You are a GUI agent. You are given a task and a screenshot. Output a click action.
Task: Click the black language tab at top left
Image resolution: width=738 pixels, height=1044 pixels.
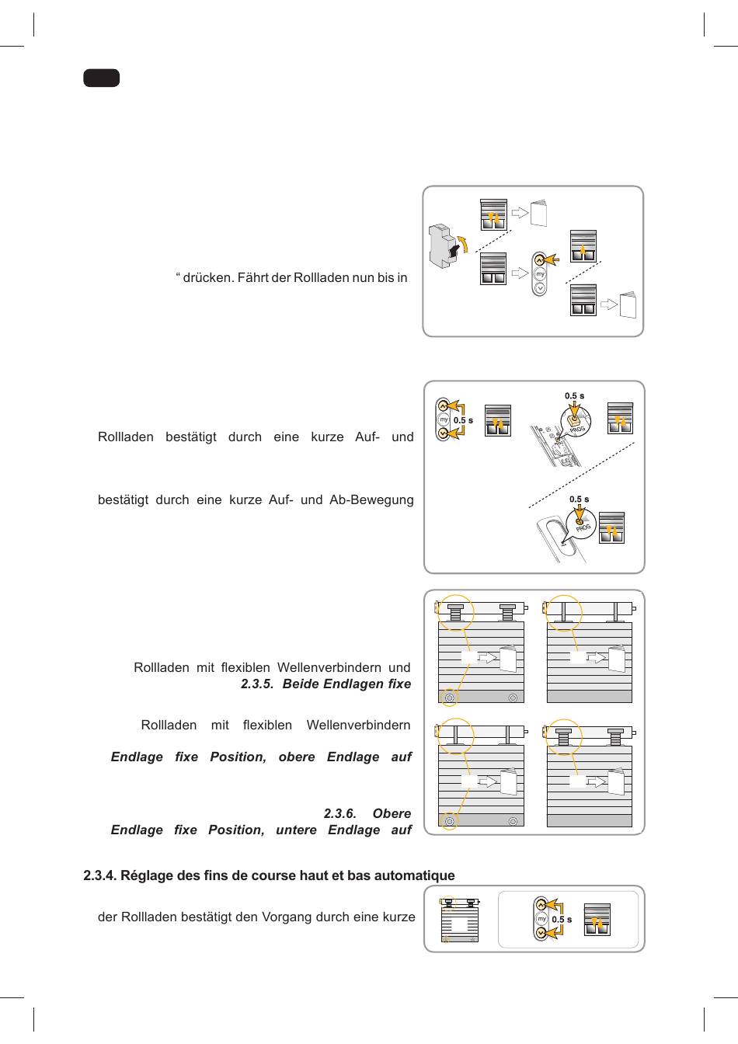coord(101,78)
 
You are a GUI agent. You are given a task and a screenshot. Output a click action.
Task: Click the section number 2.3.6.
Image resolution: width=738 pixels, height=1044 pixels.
coord(339,814)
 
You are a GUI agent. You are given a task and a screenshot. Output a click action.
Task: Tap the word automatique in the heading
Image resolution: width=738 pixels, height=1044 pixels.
coord(418,876)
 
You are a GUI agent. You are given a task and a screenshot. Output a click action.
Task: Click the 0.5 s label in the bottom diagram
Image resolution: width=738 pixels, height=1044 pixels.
coord(562,920)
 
